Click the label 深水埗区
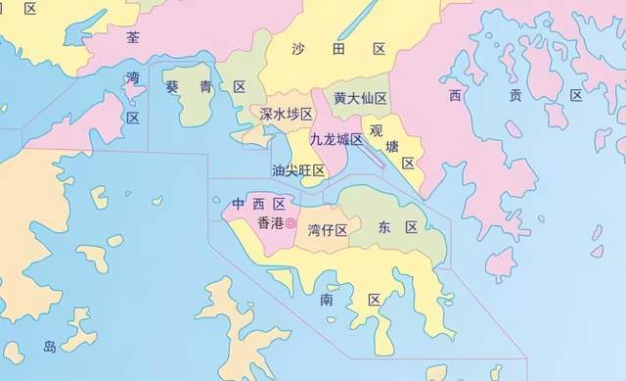pyautogui.click(x=286, y=115)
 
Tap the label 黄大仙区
pyautogui.click(x=360, y=98)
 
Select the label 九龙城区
pyautogui.click(x=335, y=139)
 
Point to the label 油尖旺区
pyautogui.click(x=297, y=170)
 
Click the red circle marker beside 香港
pyautogui.click(x=291, y=224)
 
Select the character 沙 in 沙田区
pyautogui.click(x=300, y=48)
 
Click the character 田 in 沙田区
pyautogui.click(x=338, y=48)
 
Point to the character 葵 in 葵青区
pyautogui.click(x=172, y=87)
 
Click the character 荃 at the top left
pyautogui.click(x=133, y=36)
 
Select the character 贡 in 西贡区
pyautogui.click(x=514, y=95)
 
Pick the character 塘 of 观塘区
pyautogui.click(x=395, y=146)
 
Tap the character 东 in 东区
pyautogui.click(x=384, y=227)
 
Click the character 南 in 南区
pyautogui.click(x=326, y=300)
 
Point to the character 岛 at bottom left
pyautogui.click(x=50, y=346)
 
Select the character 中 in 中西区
pyautogui.click(x=239, y=204)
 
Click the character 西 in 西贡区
pyautogui.click(x=456, y=95)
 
